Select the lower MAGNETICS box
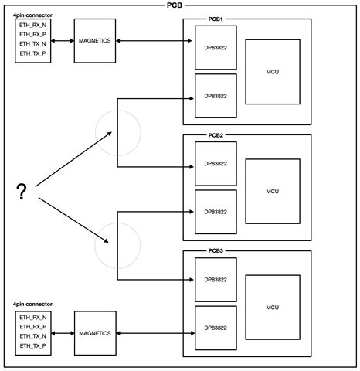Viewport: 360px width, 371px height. [x=94, y=333]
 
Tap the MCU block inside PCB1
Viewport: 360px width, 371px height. [x=272, y=72]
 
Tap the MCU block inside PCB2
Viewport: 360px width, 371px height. [x=272, y=191]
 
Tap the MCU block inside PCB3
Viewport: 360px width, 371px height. [x=272, y=307]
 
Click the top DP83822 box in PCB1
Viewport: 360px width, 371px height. [x=216, y=47]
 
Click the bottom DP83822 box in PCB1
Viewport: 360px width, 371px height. [x=216, y=96]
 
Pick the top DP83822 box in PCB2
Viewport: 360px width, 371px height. [x=216, y=164]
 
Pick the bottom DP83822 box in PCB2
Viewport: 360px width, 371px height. [x=216, y=213]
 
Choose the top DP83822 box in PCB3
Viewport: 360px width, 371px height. [x=216, y=280]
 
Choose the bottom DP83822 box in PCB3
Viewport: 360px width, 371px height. [x=216, y=328]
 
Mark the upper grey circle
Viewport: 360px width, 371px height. [x=117, y=131]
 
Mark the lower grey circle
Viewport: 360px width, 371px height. [x=117, y=245]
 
